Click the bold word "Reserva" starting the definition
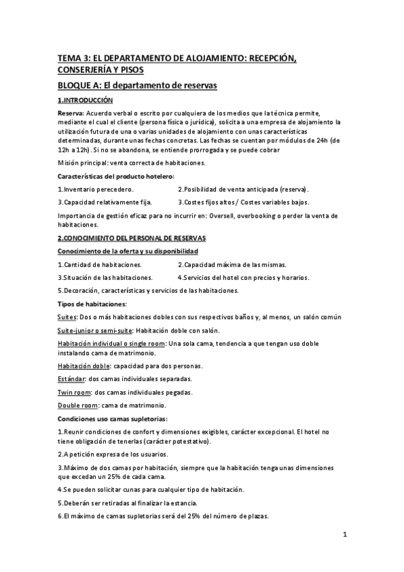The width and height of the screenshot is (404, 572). click(70, 113)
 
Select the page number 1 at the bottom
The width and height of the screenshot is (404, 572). click(344, 536)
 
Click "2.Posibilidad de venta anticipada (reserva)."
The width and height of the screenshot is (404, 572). click(243, 190)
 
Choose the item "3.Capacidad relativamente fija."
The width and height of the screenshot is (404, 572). click(105, 202)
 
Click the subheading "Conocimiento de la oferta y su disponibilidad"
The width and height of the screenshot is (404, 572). click(127, 251)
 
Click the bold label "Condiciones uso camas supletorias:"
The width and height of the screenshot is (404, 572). click(108, 418)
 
